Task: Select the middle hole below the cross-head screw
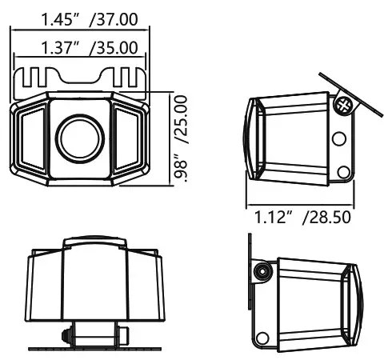[x=339, y=139]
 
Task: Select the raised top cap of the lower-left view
[x=94, y=242]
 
